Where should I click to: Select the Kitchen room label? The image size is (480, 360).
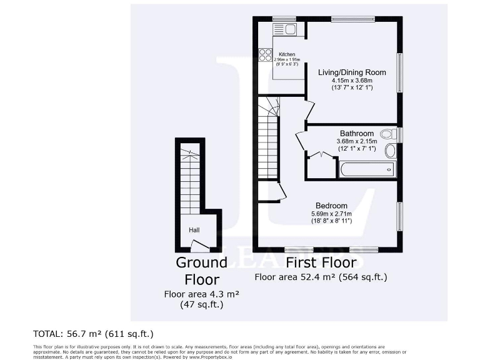click(287, 54)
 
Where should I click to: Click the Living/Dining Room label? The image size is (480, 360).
click(352, 72)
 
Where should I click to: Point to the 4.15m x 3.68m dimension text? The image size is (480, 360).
click(352, 81)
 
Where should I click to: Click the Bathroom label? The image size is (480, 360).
click(357, 133)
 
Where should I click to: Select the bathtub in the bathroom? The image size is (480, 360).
click(367, 169)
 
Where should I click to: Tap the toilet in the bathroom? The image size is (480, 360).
click(387, 133)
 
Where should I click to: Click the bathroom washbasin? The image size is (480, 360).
click(391, 150)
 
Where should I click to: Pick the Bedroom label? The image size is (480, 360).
click(331, 206)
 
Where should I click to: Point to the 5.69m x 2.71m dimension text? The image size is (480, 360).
click(331, 214)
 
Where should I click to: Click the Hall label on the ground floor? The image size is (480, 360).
click(194, 230)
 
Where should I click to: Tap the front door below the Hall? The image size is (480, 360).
click(199, 246)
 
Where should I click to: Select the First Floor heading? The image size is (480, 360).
click(321, 262)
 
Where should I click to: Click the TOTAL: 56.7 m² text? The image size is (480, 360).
click(93, 334)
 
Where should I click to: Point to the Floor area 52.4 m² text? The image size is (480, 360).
click(321, 276)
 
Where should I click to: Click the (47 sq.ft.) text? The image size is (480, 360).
click(201, 304)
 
